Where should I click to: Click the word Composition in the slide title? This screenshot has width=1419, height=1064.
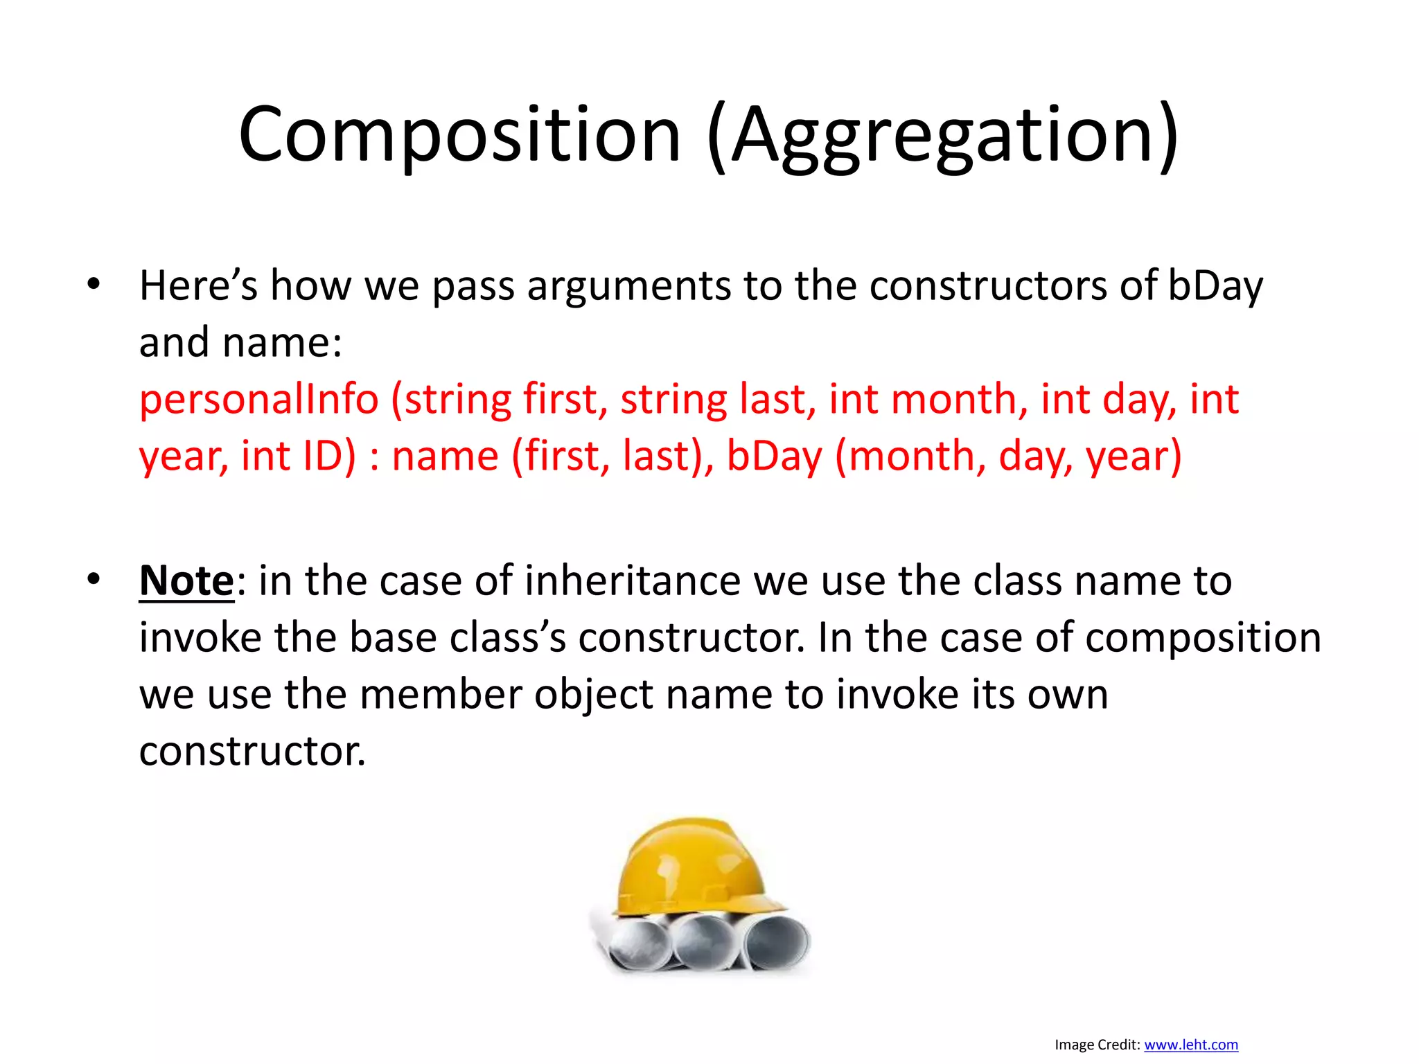[460, 134]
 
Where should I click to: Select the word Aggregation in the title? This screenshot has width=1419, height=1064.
[942, 134]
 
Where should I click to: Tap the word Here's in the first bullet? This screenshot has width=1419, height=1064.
[198, 285]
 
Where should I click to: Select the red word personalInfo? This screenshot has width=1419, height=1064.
[259, 400]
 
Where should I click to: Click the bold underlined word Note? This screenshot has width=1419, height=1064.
[186, 580]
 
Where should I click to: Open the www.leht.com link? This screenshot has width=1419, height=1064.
[1191, 1045]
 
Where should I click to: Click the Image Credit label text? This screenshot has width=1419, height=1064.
[1097, 1045]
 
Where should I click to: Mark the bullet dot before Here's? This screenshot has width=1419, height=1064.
[94, 284]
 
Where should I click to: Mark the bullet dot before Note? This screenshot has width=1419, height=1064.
[94, 579]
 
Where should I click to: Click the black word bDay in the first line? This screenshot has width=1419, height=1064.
[1215, 285]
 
